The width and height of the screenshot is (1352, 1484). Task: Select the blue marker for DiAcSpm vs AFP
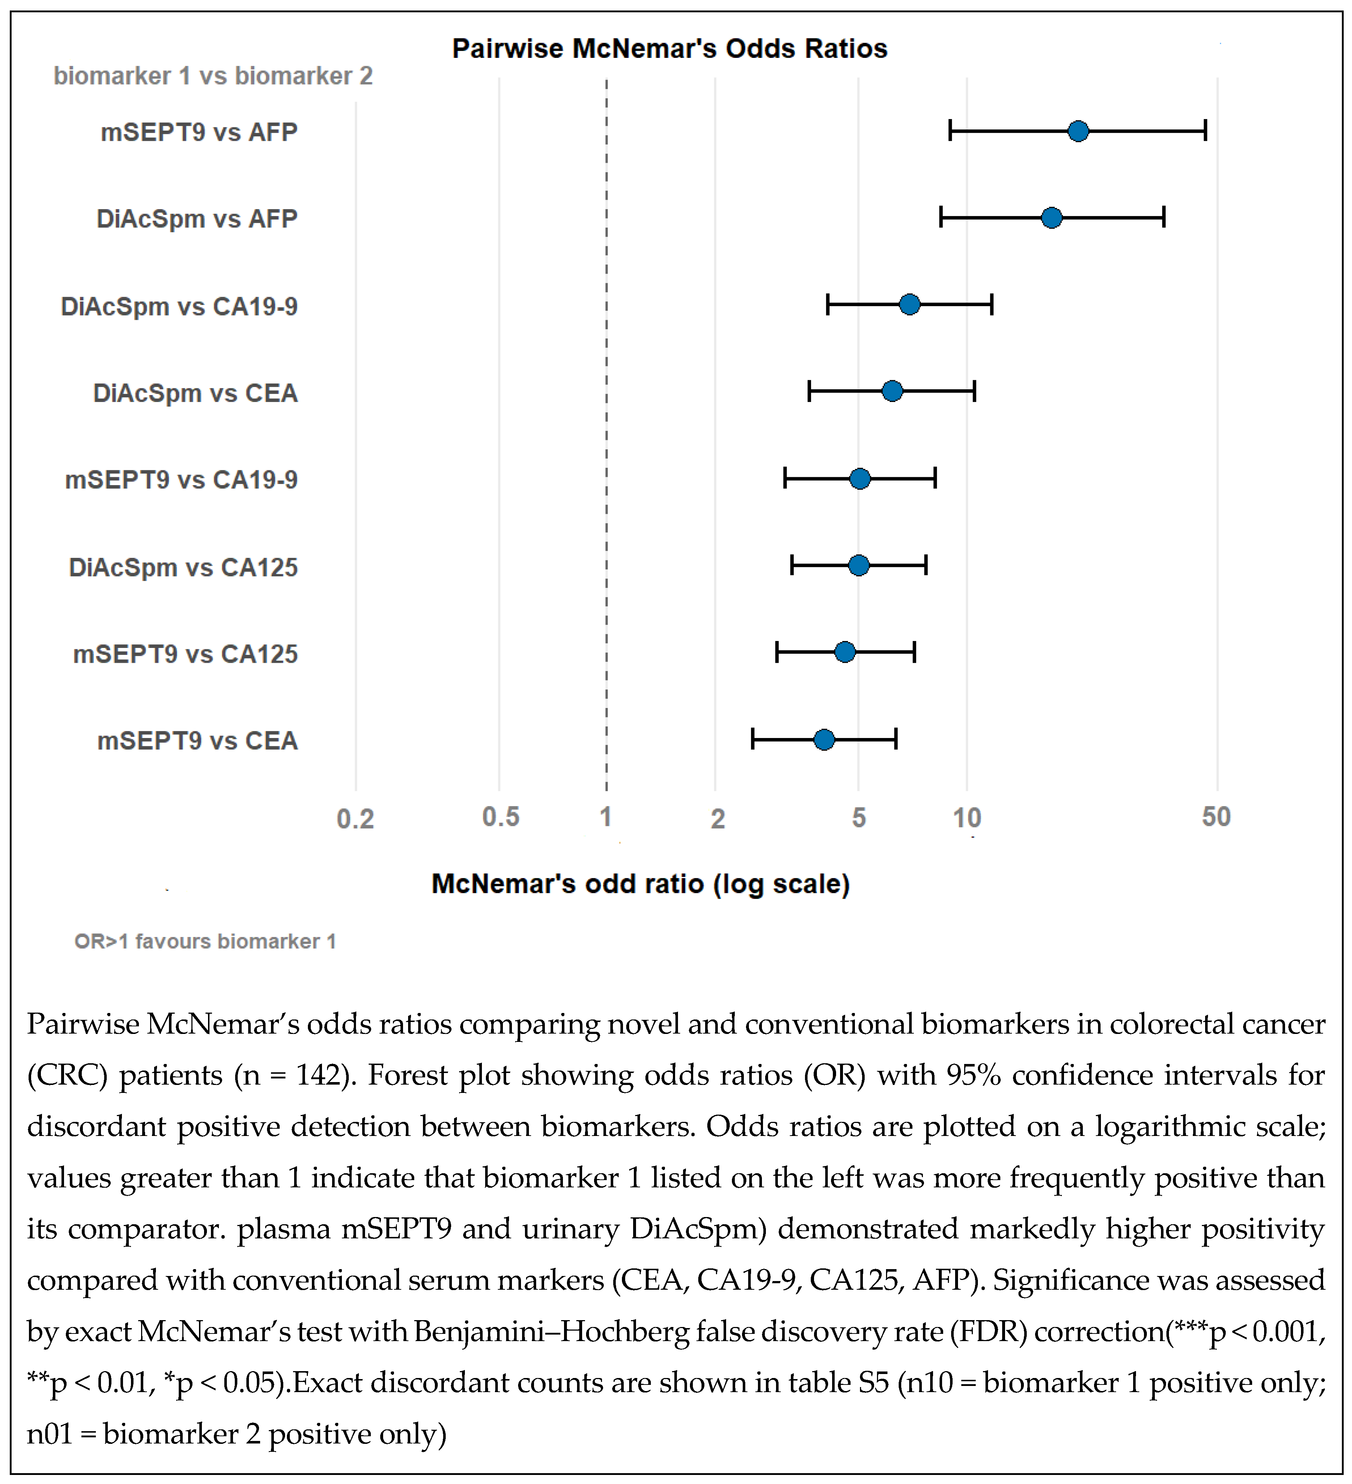click(x=1052, y=218)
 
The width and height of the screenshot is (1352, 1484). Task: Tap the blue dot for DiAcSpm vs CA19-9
click(x=910, y=304)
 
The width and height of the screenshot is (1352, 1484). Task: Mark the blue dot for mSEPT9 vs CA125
click(x=845, y=652)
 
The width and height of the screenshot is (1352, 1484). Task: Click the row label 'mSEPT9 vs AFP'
click(x=199, y=132)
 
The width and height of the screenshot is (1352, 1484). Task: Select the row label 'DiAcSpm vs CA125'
click(x=183, y=568)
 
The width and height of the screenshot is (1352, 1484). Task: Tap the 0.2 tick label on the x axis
click(x=356, y=819)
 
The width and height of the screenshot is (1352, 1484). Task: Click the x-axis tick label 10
click(x=967, y=818)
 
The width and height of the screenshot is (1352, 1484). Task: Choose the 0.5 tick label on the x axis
click(x=500, y=817)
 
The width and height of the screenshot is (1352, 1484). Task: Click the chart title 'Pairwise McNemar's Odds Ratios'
click(x=670, y=48)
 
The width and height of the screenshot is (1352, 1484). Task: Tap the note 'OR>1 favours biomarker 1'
click(x=205, y=941)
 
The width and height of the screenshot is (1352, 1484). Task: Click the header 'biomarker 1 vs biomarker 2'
click(x=213, y=76)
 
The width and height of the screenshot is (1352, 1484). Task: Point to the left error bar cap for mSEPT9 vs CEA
click(x=752, y=739)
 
